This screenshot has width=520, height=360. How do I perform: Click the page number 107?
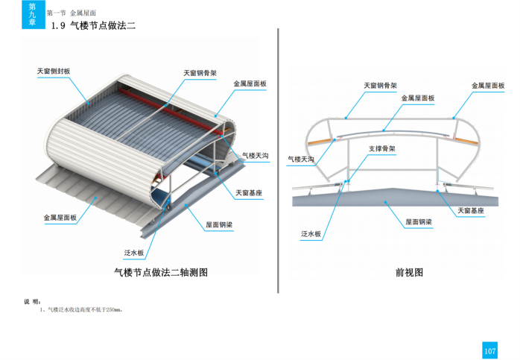(x=489, y=350)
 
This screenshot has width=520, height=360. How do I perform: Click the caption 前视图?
(x=409, y=273)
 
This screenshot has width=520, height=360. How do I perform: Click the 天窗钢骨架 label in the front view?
(x=380, y=86)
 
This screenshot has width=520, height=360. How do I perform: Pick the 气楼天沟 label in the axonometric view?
(x=255, y=156)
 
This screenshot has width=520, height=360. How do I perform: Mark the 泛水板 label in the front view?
(x=311, y=234)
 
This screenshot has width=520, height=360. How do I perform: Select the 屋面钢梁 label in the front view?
(x=419, y=222)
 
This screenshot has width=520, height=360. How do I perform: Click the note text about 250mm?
(x=83, y=309)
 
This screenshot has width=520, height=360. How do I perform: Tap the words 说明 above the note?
(x=32, y=301)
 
